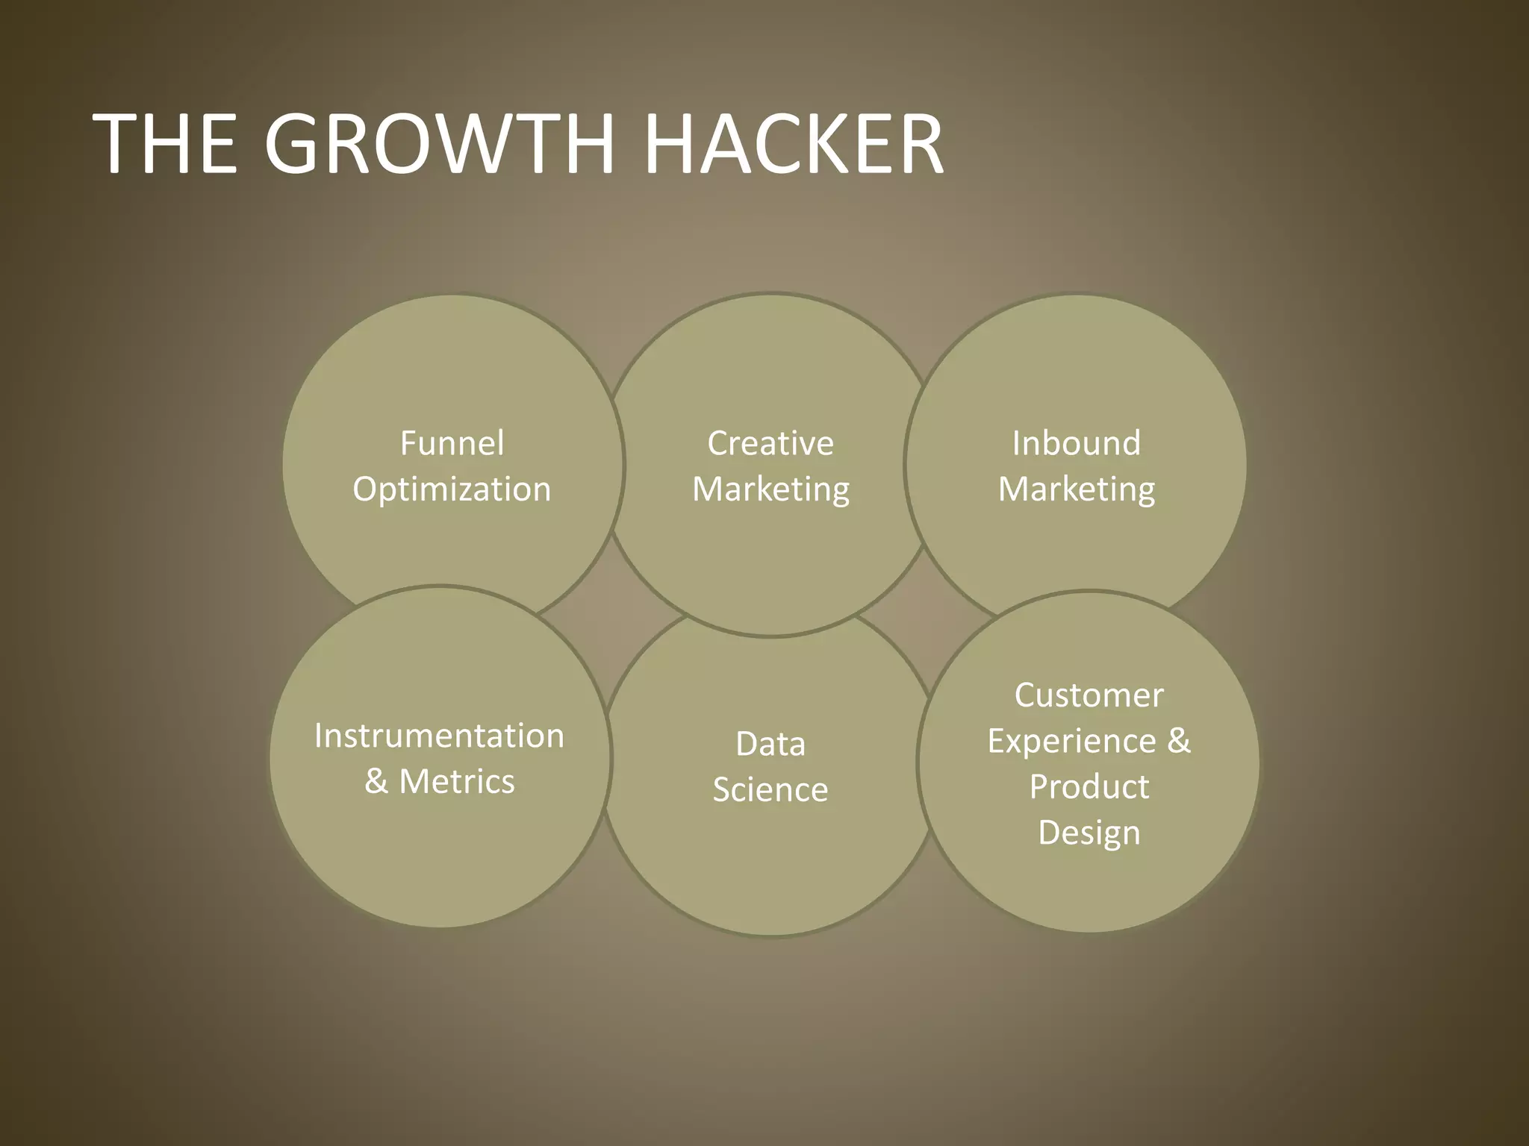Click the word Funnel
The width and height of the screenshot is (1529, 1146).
452,443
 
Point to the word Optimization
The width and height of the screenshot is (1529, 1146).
452,490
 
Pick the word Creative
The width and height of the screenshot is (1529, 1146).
770,443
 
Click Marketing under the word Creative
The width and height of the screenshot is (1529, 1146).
770,490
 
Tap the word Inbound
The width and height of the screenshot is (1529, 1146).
1076,443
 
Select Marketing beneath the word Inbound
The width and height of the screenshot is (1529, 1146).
1076,490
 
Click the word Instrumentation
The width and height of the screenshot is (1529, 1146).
439,736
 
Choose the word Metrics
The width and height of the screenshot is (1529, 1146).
457,782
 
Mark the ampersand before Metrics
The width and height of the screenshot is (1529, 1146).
376,782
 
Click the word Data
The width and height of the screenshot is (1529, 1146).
770,744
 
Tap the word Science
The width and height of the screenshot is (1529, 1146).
770,790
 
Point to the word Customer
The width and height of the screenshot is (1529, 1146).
1089,695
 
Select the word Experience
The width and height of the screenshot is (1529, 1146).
1072,742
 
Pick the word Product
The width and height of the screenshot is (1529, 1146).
1089,787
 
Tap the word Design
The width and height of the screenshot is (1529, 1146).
1089,833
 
